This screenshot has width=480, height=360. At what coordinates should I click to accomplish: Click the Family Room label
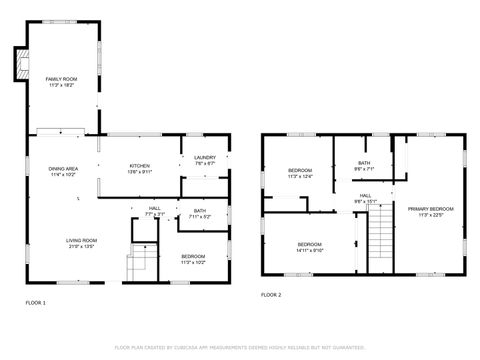pyautogui.click(x=61, y=79)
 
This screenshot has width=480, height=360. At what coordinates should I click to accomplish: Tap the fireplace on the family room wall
pyautogui.click(x=16, y=64)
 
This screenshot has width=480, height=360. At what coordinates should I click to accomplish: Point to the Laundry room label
pyautogui.click(x=205, y=157)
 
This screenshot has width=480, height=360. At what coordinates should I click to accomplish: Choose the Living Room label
pyautogui.click(x=81, y=240)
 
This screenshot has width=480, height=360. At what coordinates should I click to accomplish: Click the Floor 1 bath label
pyautogui.click(x=200, y=211)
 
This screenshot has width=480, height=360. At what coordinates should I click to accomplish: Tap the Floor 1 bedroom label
pyautogui.click(x=193, y=257)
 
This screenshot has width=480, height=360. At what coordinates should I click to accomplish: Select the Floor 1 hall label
pyautogui.click(x=155, y=208)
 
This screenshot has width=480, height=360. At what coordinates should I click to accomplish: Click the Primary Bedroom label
pyautogui.click(x=431, y=209)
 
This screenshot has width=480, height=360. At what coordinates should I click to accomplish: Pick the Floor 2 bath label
pyautogui.click(x=365, y=164)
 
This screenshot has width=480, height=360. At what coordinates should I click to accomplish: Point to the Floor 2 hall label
pyautogui.click(x=365, y=195)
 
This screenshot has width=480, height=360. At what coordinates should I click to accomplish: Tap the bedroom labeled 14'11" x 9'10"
pyautogui.click(x=310, y=246)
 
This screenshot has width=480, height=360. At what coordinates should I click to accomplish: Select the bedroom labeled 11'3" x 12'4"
pyautogui.click(x=300, y=172)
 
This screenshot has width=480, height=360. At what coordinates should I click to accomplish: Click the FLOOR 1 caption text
pyautogui.click(x=36, y=302)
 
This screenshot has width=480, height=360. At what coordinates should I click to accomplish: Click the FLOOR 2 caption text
pyautogui.click(x=271, y=295)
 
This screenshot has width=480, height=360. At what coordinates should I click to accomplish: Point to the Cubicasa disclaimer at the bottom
pyautogui.click(x=240, y=347)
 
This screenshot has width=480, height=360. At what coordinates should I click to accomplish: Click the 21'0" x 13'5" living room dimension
pyautogui.click(x=81, y=246)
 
